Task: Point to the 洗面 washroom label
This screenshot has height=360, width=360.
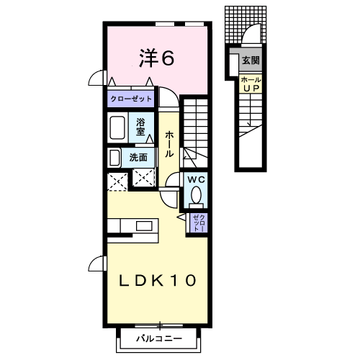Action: pyautogui.click(x=139, y=157)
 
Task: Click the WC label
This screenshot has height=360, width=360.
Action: pyautogui.click(x=196, y=180)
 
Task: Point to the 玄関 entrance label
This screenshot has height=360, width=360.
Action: pyautogui.click(x=250, y=60)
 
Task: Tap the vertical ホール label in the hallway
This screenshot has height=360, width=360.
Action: pyautogui.click(x=168, y=144)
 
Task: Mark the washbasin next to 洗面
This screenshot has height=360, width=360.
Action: pyautogui.click(x=114, y=157)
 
